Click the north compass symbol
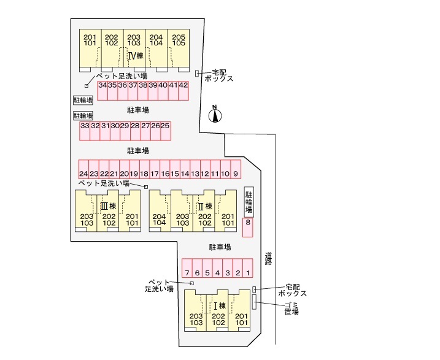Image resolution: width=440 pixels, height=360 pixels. [215, 115]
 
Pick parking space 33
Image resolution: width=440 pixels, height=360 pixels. [85, 130]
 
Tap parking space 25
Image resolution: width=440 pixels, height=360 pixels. [165, 130]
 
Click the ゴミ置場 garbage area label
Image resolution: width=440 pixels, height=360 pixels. [291, 308]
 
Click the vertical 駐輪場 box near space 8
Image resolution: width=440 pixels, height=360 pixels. [249, 202]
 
